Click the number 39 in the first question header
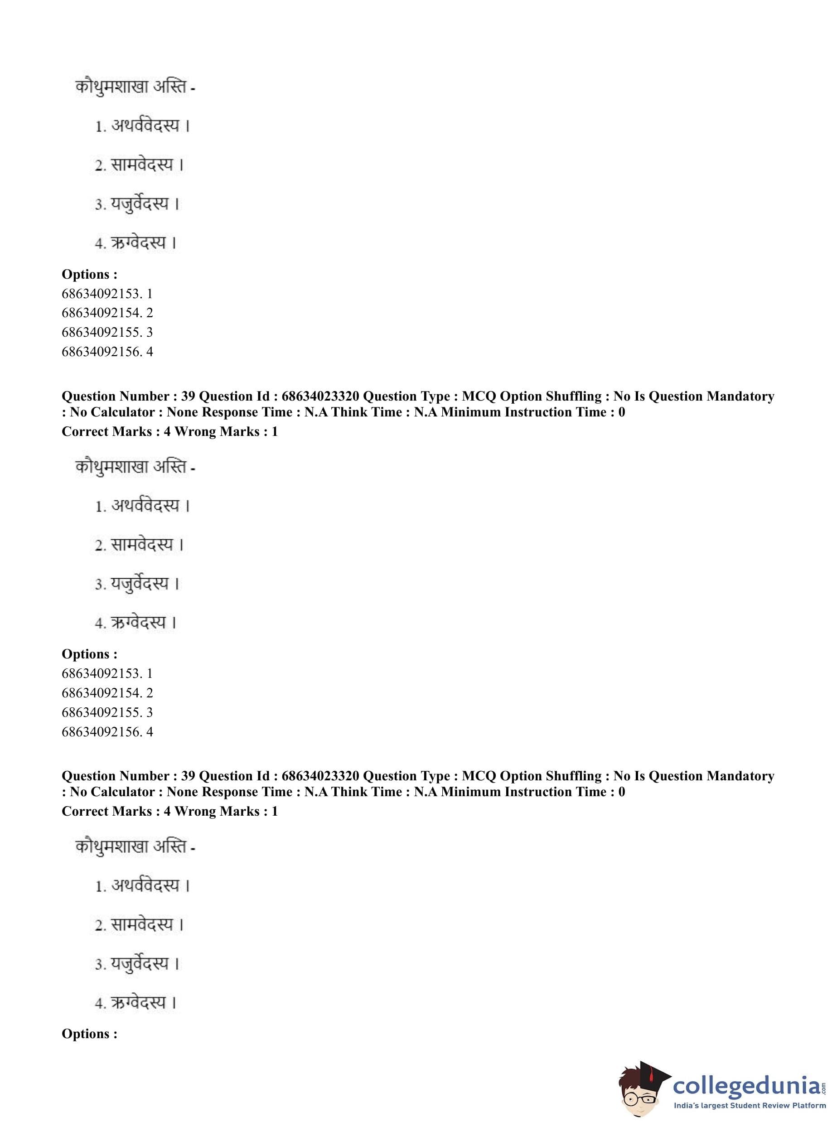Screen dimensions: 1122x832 coord(188,397)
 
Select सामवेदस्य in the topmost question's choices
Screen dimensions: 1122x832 coord(141,164)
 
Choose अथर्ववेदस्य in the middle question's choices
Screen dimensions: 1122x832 coord(145,505)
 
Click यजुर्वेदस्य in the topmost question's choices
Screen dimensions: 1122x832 coord(139,204)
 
